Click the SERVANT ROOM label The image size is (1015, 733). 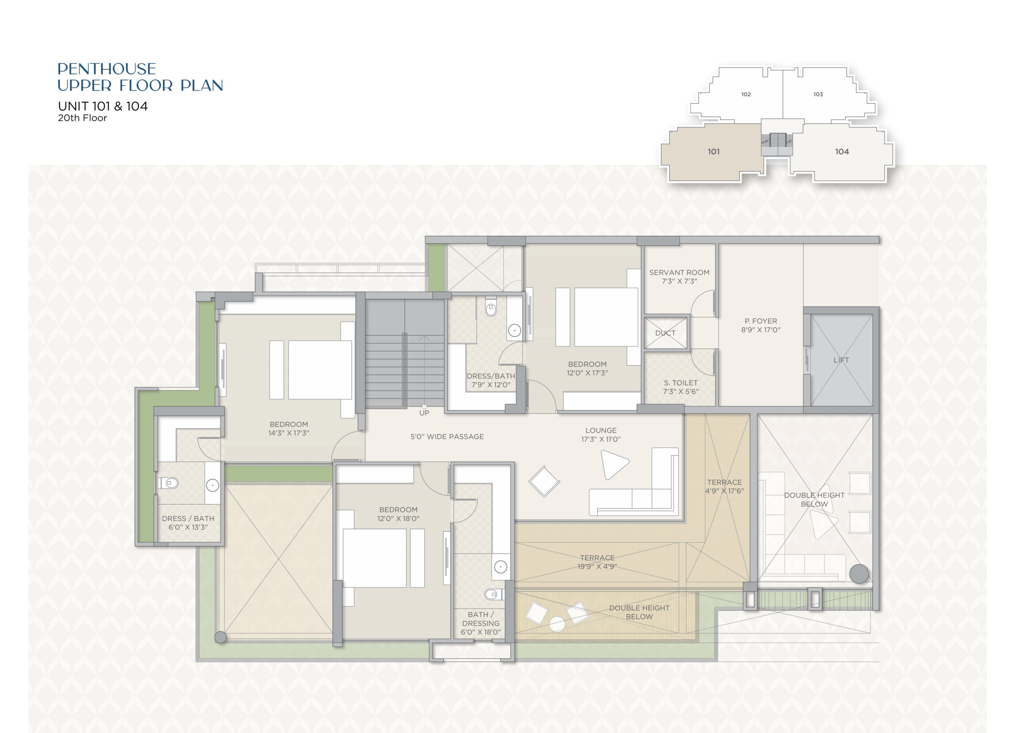tap(679, 272)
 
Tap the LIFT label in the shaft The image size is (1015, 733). tap(841, 360)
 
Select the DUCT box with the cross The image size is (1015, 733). tap(665, 333)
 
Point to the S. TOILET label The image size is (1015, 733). tap(681, 383)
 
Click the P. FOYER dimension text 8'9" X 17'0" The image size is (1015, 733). tap(761, 330)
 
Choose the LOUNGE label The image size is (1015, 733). tap(601, 431)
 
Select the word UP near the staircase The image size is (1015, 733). tap(424, 413)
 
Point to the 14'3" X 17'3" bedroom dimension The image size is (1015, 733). tap(289, 433)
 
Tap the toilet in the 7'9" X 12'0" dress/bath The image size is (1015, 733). tap(491, 309)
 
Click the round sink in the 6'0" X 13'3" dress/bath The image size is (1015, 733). tap(213, 485)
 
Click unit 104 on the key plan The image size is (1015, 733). tap(842, 152)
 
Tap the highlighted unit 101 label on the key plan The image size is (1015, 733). tap(714, 152)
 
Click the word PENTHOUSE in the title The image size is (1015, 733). tap(107, 69)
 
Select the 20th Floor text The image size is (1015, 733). tap(82, 118)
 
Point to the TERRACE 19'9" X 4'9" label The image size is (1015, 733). tap(597, 562)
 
